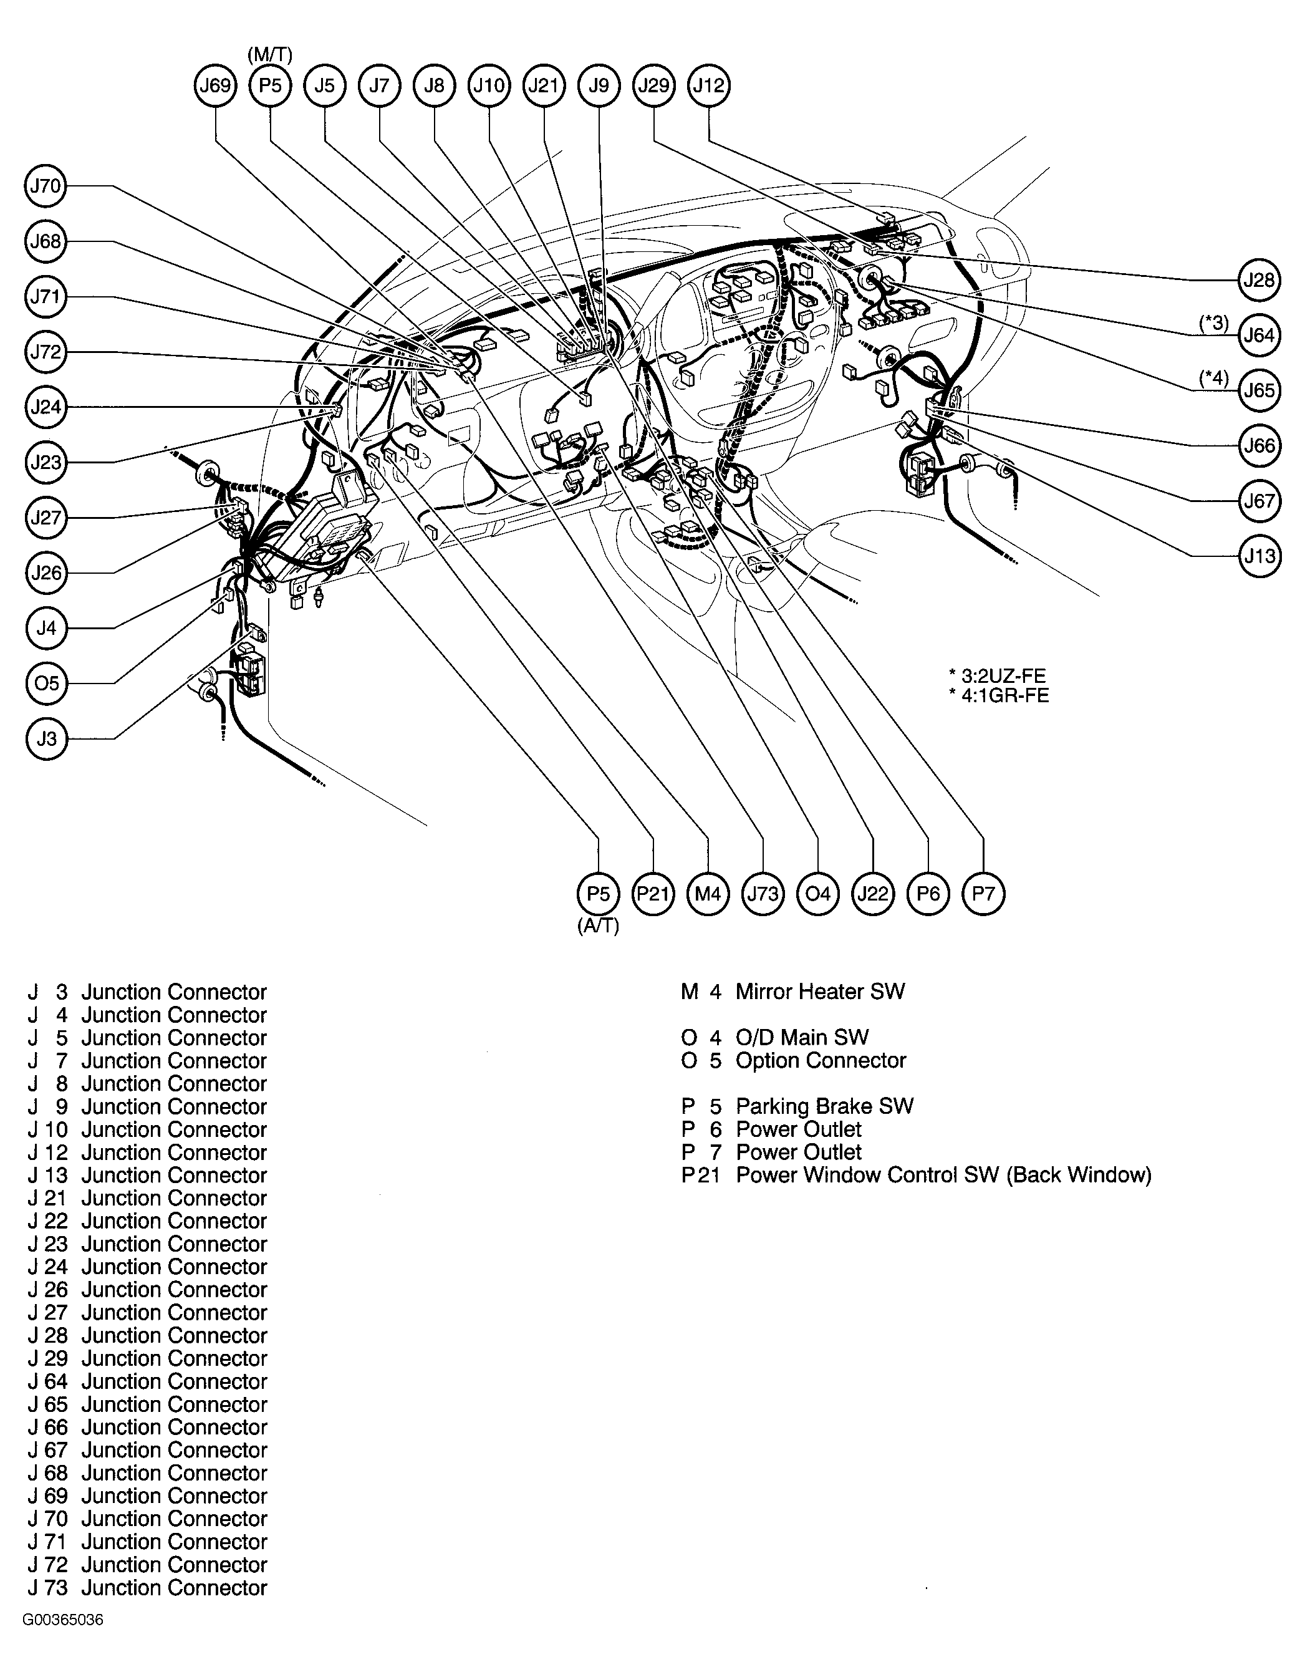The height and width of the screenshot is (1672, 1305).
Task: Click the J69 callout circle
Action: point(215,85)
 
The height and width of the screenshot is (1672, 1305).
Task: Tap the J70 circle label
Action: point(46,186)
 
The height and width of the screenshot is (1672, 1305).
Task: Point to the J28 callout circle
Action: point(1259,280)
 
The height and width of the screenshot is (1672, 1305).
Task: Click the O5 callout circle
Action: point(46,683)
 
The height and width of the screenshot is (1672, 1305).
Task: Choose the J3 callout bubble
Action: point(46,739)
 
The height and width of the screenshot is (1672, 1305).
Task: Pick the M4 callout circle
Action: point(708,894)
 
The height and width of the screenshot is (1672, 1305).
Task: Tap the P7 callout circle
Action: point(983,894)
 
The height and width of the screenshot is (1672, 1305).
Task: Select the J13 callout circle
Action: point(1259,556)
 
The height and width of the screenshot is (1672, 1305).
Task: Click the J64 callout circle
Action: point(1259,336)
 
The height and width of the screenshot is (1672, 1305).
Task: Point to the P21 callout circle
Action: point(653,894)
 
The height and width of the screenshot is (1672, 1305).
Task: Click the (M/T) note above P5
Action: point(270,54)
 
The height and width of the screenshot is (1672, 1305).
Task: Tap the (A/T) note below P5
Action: point(599,925)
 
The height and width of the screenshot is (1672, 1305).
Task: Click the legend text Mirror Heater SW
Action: point(821,992)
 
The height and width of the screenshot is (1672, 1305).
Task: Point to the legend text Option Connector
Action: point(821,1060)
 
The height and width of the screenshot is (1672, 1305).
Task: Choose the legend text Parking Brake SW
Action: point(825,1106)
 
